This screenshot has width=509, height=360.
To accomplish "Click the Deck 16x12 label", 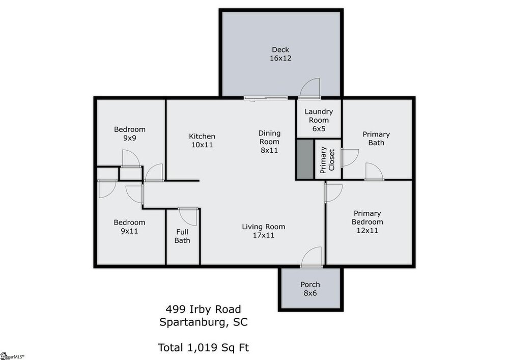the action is click(280, 54).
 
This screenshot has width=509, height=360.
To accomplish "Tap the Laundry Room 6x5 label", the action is click(319, 120).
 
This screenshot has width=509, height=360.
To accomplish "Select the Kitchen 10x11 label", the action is click(202, 141).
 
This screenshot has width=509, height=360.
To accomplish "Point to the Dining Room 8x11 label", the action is click(269, 142).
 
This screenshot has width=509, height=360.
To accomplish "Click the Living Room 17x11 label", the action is click(264, 231).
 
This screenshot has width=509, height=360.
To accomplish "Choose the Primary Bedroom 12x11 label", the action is click(367, 221).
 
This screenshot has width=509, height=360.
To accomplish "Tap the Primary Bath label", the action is click(376, 139).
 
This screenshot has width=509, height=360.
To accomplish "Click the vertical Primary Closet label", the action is click(327, 160).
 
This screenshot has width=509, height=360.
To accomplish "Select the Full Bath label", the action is click(182, 236).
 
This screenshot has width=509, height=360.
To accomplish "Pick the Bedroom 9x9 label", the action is click(129, 133).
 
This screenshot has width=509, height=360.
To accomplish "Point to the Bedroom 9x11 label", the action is click(129, 227).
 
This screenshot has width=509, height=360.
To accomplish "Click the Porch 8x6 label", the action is click(310, 289).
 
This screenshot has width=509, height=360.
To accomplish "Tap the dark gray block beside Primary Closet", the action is click(305, 159).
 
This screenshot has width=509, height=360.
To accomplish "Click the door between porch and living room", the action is click(312, 258).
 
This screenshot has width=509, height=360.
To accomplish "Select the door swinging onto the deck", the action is click(309, 88).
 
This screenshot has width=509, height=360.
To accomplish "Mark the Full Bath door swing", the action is click(188, 216).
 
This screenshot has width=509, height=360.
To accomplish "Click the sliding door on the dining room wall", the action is click(266, 98).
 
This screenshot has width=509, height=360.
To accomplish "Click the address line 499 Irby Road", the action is click(203, 310).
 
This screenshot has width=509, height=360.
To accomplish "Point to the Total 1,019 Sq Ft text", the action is click(203, 348).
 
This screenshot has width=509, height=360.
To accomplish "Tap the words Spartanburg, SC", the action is click(203, 322).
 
